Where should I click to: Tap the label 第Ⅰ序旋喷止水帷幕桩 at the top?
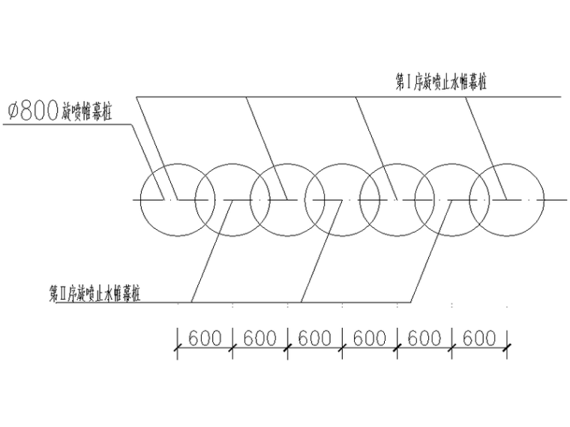click(440, 82)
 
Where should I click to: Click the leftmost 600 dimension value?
click(205, 338)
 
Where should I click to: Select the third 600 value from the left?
click(315, 338)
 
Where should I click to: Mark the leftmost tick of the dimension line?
click(178, 347)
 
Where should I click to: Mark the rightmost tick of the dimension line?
click(508, 347)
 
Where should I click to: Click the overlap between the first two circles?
click(205, 200)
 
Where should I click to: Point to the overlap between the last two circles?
click(480, 200)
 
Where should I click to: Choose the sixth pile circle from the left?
click(452, 200)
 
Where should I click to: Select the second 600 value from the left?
click(260, 338)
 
